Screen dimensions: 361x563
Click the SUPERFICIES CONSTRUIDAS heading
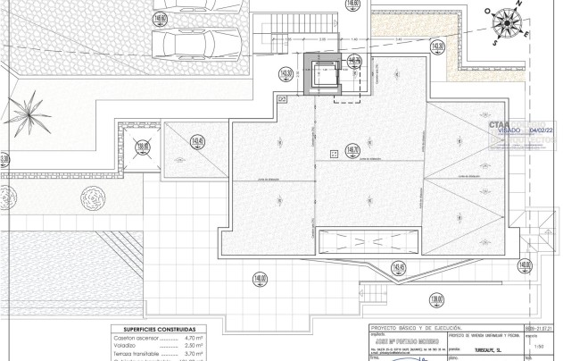coord(153,328)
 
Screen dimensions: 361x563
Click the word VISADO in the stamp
coord(509,130)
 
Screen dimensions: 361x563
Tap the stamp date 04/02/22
coord(542,130)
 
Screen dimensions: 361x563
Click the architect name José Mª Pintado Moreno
coord(393,340)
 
